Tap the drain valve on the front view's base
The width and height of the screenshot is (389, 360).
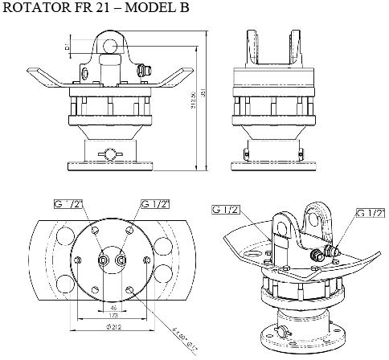[x=109, y=153]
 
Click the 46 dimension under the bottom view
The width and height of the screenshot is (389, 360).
[x=113, y=308]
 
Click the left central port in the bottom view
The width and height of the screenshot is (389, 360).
[x=104, y=260]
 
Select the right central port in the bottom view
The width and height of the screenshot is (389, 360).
[x=122, y=260]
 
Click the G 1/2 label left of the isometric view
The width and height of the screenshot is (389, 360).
[x=228, y=211]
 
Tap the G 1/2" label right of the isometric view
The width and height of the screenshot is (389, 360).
[x=370, y=213]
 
